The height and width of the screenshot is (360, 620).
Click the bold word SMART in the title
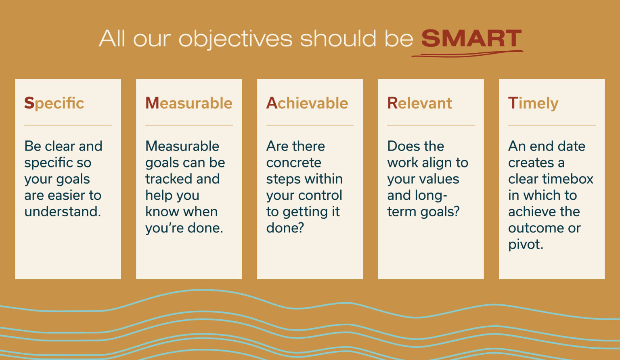tap(471, 39)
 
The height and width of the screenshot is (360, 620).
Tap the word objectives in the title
tap(235, 40)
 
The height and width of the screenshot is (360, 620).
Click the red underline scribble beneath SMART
tap(467, 54)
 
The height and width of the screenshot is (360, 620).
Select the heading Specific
tap(54, 103)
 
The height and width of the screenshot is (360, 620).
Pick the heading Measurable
tap(189, 103)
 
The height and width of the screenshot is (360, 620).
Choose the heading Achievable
tap(307, 103)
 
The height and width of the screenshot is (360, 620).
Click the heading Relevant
tap(419, 103)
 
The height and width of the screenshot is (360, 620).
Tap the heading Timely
tap(533, 104)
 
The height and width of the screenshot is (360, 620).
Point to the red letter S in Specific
tap(29, 103)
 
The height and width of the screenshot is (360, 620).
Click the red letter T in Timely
tap(513, 103)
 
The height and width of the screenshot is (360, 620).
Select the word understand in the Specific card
tap(62, 211)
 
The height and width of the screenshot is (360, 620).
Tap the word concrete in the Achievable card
tap(293, 163)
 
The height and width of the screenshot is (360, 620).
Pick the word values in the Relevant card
tap(441, 179)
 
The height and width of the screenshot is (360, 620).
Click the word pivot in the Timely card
tap(525, 245)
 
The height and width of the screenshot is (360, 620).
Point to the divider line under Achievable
tap(310, 125)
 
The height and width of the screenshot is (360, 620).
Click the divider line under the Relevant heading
tap(431, 125)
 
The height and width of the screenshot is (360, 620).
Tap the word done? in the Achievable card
tap(285, 228)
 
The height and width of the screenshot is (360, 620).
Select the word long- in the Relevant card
tap(430, 195)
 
